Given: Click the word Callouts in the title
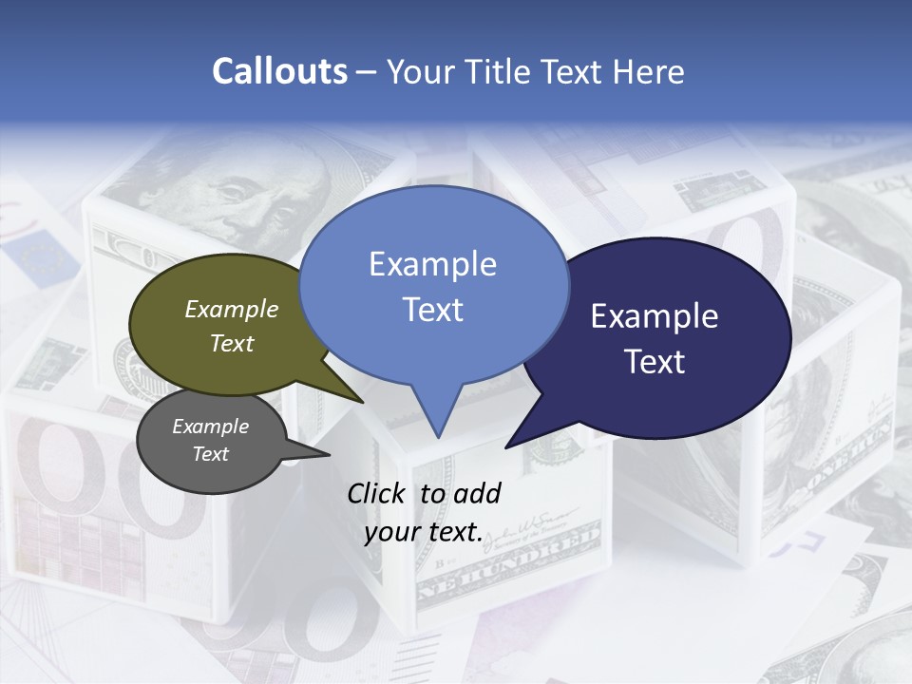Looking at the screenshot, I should (279, 71).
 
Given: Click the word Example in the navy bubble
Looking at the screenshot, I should (655, 316).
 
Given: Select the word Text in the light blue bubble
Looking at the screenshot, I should (432, 310).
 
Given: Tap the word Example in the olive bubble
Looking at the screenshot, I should (232, 309).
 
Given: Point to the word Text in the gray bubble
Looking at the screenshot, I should (211, 454).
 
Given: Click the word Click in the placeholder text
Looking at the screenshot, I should (377, 493).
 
